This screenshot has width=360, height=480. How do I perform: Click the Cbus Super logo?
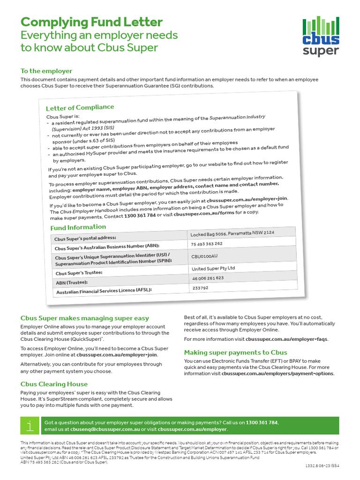[x=321, y=36]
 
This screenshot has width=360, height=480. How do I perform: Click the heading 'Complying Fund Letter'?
[x=91, y=22]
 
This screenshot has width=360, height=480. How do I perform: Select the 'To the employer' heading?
[x=46, y=71]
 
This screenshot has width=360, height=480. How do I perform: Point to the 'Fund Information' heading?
[x=78, y=227]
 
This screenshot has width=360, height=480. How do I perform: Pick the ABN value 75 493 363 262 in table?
[x=207, y=244]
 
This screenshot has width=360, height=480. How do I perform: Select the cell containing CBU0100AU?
[x=205, y=256]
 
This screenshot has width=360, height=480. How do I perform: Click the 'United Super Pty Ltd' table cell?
[x=213, y=269]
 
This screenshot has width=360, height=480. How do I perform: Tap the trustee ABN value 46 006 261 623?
[x=208, y=278]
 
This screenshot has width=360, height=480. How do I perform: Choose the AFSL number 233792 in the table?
[x=200, y=288]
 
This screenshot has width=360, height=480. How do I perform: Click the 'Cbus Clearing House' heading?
[x=54, y=384]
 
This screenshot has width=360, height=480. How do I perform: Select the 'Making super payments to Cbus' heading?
[x=235, y=352]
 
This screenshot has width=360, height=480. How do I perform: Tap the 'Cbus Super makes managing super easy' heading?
[x=85, y=318]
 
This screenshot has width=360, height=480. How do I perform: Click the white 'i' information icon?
[x=30, y=425]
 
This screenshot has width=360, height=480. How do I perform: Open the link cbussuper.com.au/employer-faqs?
[x=286, y=339]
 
